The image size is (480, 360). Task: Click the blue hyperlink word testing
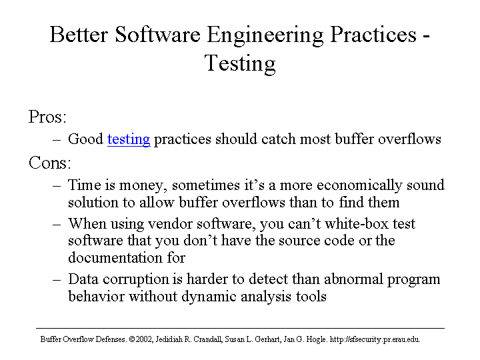coord(129,139)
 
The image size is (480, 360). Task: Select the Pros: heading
coord(47,117)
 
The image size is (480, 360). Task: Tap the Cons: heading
coord(49,162)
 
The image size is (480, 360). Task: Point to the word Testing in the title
coord(240,64)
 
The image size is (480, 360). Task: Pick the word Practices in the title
coord(373,34)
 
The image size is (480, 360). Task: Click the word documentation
coord(116,257)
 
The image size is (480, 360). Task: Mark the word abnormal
coord(353,279)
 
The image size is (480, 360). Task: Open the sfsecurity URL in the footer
coord(375,339)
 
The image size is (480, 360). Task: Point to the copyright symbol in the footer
coord(132,339)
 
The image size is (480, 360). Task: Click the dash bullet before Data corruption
coord(57,280)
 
